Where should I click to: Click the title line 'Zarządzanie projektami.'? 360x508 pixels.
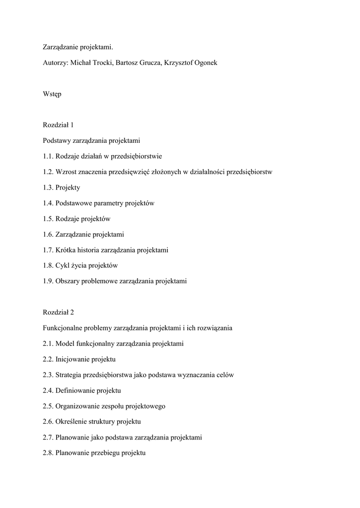[78, 47]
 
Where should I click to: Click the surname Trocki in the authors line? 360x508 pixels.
[101, 63]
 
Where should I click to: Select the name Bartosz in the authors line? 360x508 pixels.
[128, 63]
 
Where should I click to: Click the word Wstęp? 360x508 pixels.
[52, 94]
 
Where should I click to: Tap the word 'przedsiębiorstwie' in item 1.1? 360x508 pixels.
[137, 156]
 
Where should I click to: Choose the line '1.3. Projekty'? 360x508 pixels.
[62, 188]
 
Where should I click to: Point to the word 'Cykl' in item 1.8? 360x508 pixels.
[63, 265]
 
